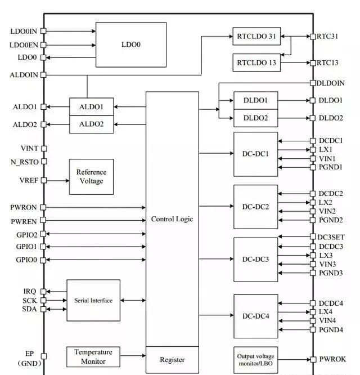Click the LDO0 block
tap(130, 44)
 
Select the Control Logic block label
tap(172, 219)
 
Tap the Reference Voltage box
tap(91, 177)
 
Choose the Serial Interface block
tap(93, 300)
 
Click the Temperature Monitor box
tap(93, 356)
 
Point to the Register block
tap(172, 360)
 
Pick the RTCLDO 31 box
tap(256, 37)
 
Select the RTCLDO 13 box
tap(256, 62)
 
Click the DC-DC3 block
tap(256, 260)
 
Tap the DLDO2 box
tap(256, 118)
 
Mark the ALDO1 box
tap(91, 106)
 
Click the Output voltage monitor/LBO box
tap(256, 359)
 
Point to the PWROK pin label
tap(332, 359)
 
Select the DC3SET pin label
tap(331, 237)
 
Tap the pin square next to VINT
tap(43, 149)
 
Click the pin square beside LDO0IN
tap(43, 32)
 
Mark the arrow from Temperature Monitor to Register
tap(133, 356)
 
